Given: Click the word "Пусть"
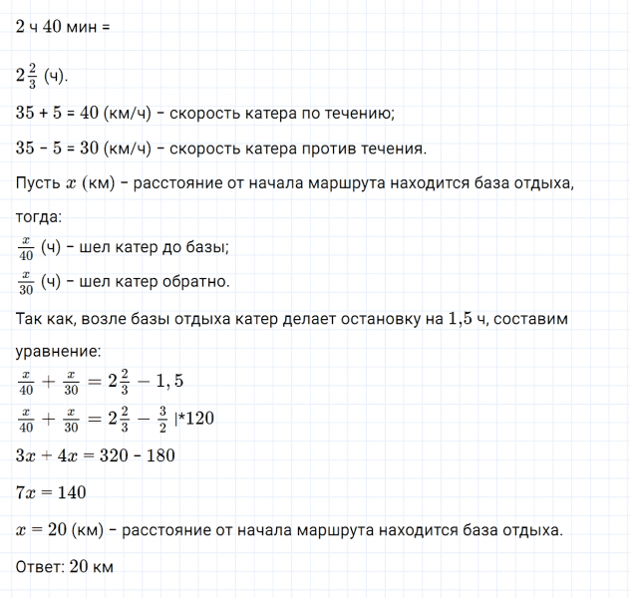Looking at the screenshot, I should (x=37, y=185).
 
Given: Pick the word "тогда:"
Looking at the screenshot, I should (x=39, y=217).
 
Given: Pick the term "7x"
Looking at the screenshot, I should (x=28, y=492).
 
